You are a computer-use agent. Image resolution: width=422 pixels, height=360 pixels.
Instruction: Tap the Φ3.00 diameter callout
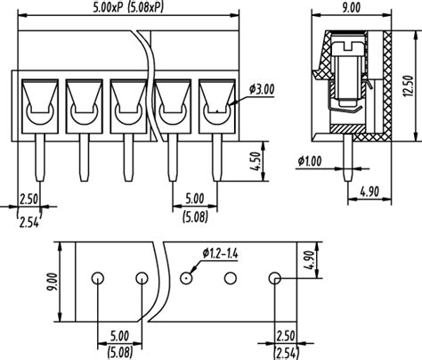(264, 88)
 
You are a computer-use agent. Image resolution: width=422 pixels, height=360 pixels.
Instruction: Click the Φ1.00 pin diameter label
(309, 161)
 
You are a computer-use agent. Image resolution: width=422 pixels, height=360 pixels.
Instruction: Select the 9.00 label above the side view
(350, 8)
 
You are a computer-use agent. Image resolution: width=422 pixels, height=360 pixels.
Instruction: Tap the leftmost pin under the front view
(37, 156)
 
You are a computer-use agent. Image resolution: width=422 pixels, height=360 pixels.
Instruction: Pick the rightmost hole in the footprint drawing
(275, 278)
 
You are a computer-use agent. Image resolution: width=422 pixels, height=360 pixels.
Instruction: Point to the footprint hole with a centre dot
(186, 278)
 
